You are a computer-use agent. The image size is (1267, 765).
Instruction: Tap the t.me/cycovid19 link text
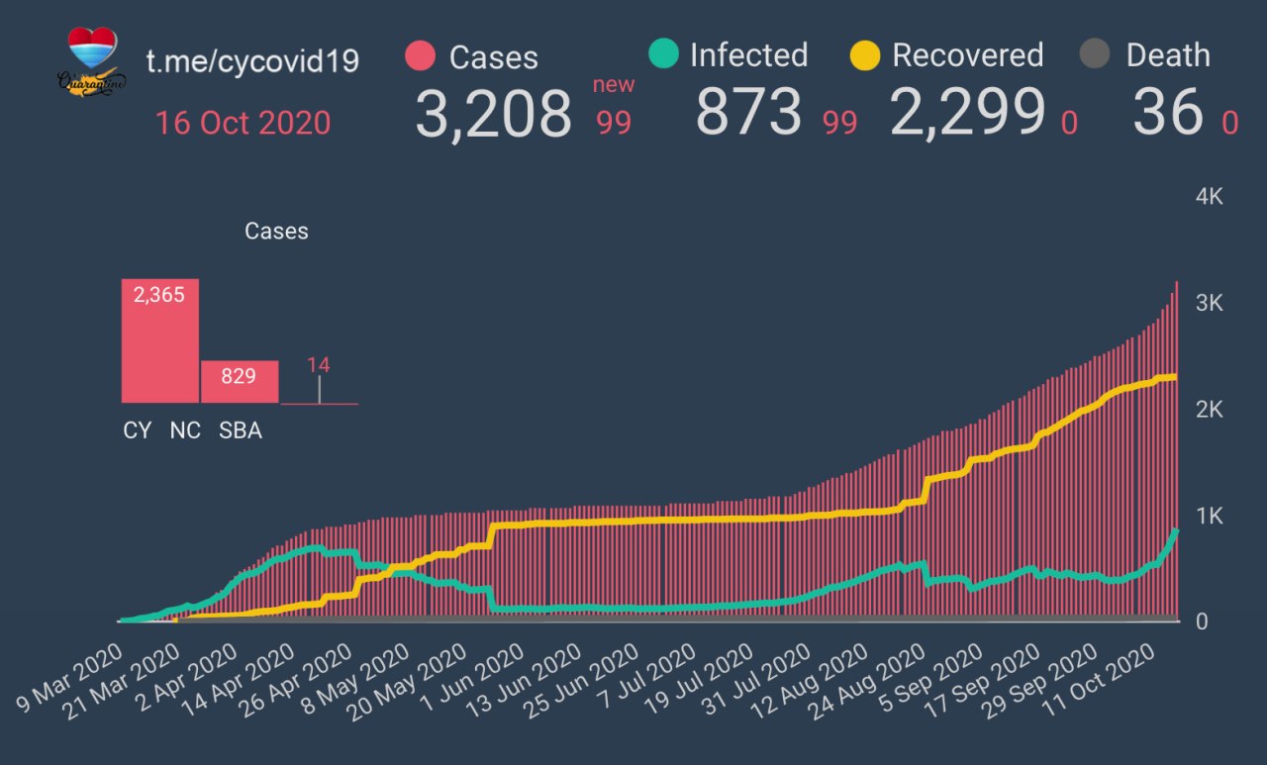pos(252,61)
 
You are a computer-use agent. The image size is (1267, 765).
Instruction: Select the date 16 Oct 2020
pos(243,124)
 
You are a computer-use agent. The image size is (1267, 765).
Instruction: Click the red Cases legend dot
pos(421,56)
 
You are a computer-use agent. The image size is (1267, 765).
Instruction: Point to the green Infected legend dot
pos(663,54)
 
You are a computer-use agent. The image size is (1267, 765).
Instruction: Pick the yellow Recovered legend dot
pos(865,55)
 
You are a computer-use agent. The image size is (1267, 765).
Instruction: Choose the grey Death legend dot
pos(1094,55)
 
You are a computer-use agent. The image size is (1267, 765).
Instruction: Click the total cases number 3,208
pos(493,114)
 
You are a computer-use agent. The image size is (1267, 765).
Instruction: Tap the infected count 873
pos(748,112)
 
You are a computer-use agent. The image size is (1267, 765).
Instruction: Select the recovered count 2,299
pos(967,112)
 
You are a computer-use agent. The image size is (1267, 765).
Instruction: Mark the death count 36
pos(1168,112)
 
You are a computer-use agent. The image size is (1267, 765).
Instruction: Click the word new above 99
pos(614,85)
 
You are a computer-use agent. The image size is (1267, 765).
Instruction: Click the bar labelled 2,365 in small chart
pos(160,340)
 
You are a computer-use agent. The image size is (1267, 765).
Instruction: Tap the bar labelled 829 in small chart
pos(240,381)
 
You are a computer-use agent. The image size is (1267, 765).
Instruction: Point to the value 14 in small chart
pos(319,365)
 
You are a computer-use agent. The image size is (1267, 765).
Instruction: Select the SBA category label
pos(241,431)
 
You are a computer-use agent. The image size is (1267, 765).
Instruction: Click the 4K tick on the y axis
pos(1210,197)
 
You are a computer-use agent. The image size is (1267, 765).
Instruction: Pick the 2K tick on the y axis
pos(1210,410)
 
